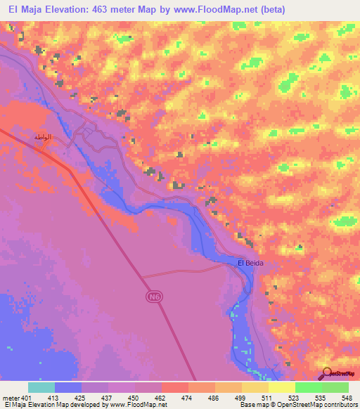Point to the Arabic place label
[x=44, y=137]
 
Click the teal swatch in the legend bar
[x=41, y=387]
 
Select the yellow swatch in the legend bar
[x=281, y=387]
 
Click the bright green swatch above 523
[x=307, y=387]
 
